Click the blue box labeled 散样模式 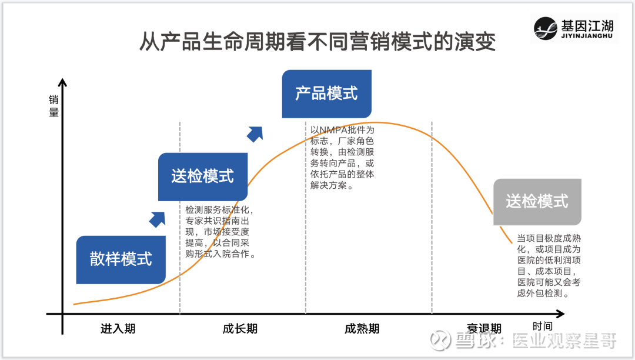tap(121, 259)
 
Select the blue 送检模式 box tap(202, 176)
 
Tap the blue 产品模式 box tap(326, 94)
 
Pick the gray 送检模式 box tap(537, 202)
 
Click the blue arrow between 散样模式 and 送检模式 tap(158, 219)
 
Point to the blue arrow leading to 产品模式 tap(255, 134)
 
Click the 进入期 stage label tap(118, 328)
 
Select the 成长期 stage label tap(240, 328)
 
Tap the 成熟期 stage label tap(362, 328)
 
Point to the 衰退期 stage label tap(484, 328)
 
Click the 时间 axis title tap(542, 326)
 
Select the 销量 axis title tap(54, 106)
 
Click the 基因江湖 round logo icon tap(545, 28)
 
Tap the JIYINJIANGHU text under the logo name tap(587, 36)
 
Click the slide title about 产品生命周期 tap(317, 41)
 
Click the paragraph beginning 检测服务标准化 tap(220, 232)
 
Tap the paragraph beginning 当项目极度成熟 tap(549, 266)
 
